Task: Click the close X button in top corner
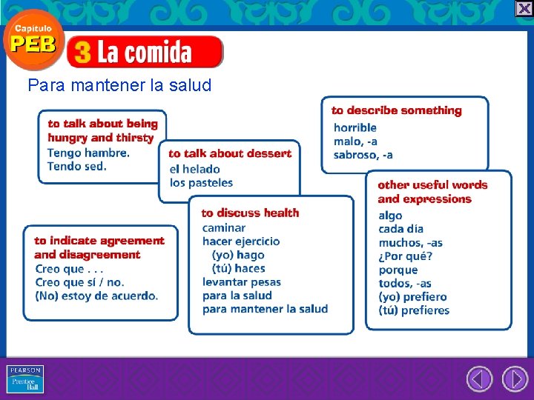pos(524,8)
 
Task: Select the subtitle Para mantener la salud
pos(119,85)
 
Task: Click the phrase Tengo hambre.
pos(88,153)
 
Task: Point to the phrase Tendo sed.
pos(77,166)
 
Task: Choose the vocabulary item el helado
pos(195,169)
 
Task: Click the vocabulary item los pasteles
pos(201,182)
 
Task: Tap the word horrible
pos(355,127)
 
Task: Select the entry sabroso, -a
pos(363,155)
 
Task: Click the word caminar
pos(224,227)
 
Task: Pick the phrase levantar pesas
pos(242,281)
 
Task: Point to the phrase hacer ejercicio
pos(241,241)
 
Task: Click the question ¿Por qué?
pos(406,256)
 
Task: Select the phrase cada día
pos(401,229)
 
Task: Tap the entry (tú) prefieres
pos(414,310)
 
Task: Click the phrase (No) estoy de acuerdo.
pos(96,296)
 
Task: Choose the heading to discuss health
pos(250,213)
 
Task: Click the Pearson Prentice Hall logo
pos(25,379)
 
